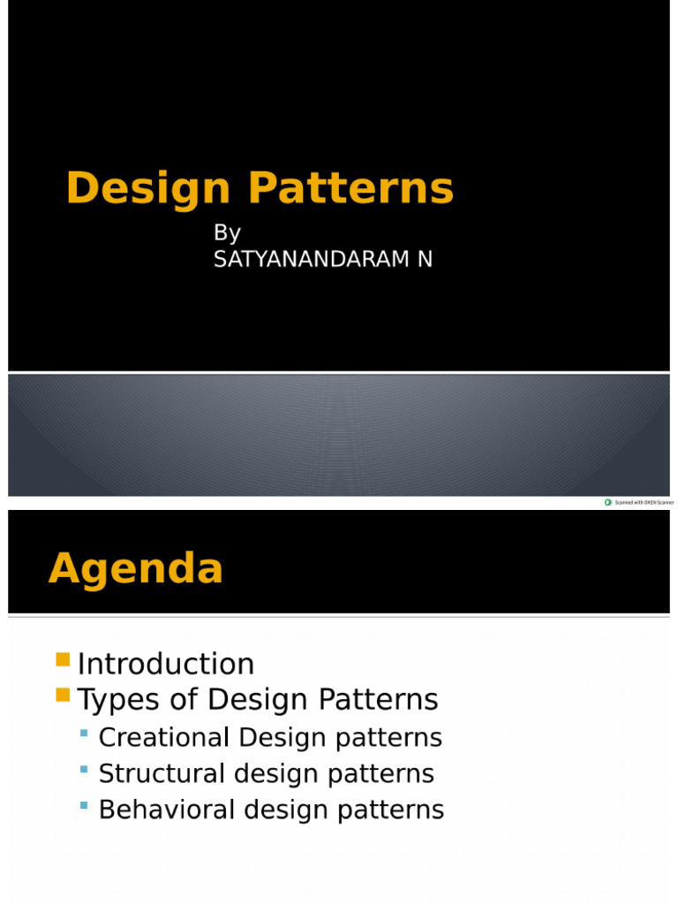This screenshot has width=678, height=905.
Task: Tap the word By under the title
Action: click(227, 233)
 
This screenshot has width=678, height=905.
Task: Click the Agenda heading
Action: click(136, 569)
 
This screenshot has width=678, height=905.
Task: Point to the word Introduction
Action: click(166, 664)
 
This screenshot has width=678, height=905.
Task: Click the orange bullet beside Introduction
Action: click(62, 659)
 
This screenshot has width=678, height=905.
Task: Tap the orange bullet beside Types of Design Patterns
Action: click(62, 695)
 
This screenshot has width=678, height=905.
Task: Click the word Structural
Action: click(162, 773)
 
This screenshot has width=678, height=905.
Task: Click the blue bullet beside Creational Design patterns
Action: click(85, 734)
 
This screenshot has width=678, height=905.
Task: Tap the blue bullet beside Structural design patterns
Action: click(85, 770)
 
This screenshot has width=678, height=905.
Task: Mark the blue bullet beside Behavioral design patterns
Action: click(85, 806)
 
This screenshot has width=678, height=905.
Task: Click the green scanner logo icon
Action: click(607, 502)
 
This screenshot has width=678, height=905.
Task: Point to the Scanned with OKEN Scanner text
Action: click(644, 502)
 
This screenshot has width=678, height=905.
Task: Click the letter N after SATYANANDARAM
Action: click(425, 261)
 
